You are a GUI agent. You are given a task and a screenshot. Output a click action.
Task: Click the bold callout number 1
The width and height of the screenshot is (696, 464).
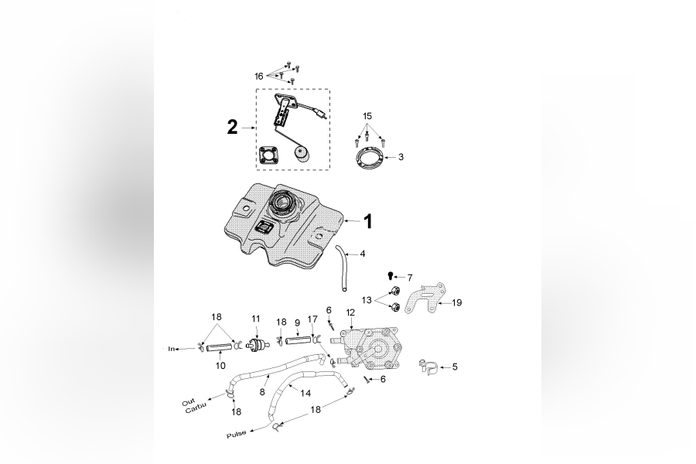(367, 222)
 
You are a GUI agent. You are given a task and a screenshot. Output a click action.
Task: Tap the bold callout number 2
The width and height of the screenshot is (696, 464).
(232, 128)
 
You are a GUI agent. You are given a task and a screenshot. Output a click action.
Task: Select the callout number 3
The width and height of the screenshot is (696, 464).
(401, 157)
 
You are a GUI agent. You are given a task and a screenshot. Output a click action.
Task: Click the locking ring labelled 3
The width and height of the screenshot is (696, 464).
(370, 158)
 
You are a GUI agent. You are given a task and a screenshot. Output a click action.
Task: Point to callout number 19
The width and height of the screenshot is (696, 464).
(457, 302)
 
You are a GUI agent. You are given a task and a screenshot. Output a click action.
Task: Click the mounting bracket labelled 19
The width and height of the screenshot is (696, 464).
(425, 298)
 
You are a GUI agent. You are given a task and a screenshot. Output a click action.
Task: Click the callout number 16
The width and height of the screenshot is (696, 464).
(259, 77)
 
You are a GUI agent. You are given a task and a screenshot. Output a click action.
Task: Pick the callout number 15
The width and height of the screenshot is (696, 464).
(367, 116)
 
